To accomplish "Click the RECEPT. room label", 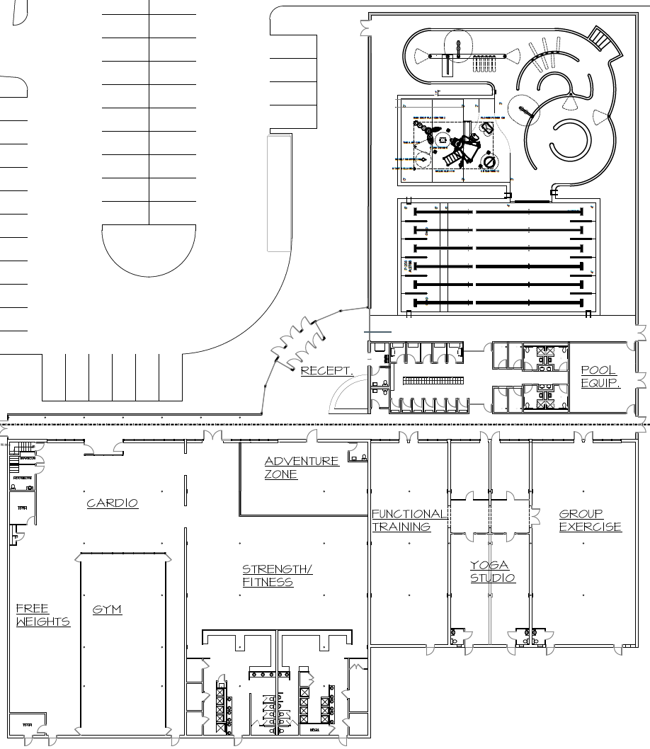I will click(326, 370).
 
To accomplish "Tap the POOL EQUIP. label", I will click(600, 377).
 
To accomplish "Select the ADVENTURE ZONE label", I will click(302, 467).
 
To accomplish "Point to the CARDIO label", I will click(112, 503).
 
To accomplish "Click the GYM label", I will click(107, 610).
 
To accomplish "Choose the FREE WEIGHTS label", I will click(42, 615).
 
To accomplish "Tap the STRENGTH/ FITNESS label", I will click(277, 576).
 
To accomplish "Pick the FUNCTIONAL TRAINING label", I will click(409, 520).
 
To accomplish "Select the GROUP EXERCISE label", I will click(590, 520).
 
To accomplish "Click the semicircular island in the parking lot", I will click(149, 249).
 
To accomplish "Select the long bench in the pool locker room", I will click(433, 381).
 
